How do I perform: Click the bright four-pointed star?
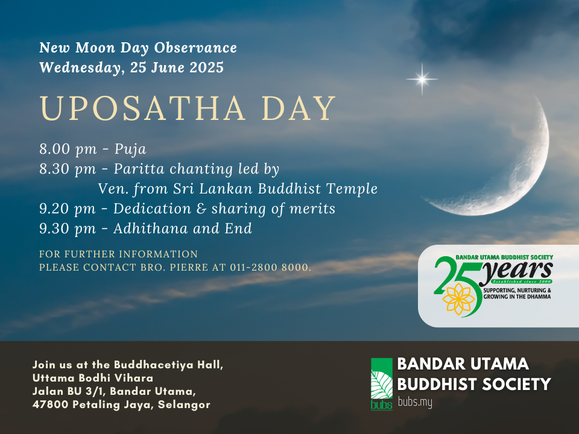coord(422,79)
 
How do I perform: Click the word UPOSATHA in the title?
coord(142,108)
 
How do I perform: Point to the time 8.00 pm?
coord(68,149)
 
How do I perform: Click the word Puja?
coord(130,149)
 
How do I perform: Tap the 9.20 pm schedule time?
coord(68,209)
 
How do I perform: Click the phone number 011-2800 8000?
coord(269,267)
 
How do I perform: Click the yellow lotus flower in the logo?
coord(458,299)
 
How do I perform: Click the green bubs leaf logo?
coord(381,384)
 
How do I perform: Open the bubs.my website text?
coord(415,402)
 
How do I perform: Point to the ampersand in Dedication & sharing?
coord(201,209)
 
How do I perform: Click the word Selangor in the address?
coord(184,405)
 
